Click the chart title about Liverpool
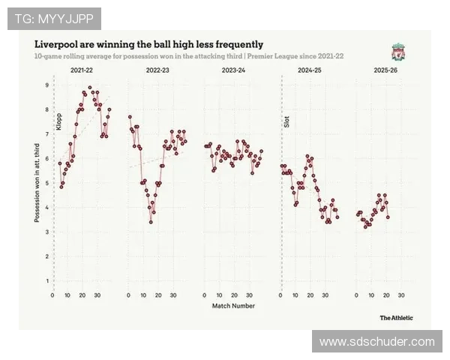click(148, 44)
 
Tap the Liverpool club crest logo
click(398, 52)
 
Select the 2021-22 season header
click(82, 70)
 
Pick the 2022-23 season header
click(157, 70)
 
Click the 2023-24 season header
click(233, 70)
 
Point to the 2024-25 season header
click(309, 70)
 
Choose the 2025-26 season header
click(385, 70)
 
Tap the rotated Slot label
click(286, 121)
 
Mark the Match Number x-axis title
click(233, 306)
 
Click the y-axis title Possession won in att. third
click(37, 183)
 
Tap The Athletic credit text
click(396, 318)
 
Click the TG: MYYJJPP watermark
click(53, 18)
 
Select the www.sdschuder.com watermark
click(376, 342)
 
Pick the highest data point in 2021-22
click(90, 88)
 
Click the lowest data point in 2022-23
click(151, 222)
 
